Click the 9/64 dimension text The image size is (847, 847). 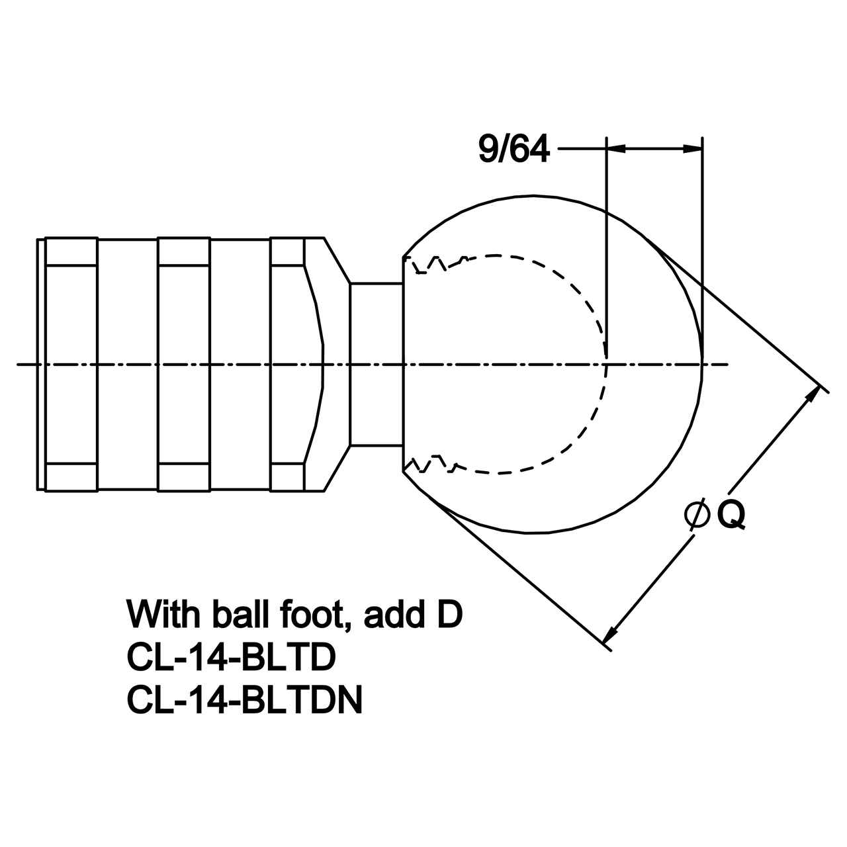pyautogui.click(x=514, y=149)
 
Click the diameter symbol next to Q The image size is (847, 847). pyautogui.click(x=697, y=515)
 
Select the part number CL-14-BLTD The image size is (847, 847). pyautogui.click(x=231, y=658)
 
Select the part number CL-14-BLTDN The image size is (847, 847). pyautogui.click(x=244, y=700)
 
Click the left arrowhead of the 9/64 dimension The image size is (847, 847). pyautogui.click(x=616, y=149)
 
